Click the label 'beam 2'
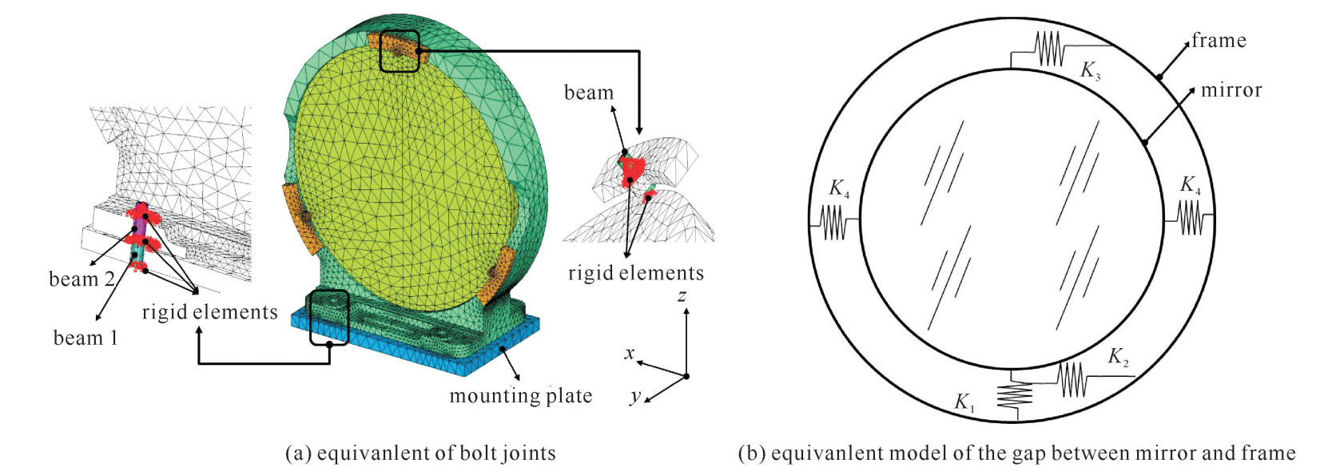(82, 279)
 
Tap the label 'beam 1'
(85, 338)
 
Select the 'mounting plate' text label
(520, 396)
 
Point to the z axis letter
(682, 295)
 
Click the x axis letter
(629, 353)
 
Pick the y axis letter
(635, 395)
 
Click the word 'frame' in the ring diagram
(1219, 40)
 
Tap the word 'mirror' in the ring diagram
(1231, 89)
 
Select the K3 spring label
(1091, 70)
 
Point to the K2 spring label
(1119, 357)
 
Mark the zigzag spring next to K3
(1050, 49)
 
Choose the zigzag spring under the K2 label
(1072, 380)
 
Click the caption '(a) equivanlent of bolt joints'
(421, 453)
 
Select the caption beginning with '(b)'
(1017, 453)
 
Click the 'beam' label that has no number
(589, 92)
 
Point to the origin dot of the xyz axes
(686, 376)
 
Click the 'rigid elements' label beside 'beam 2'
(209, 311)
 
